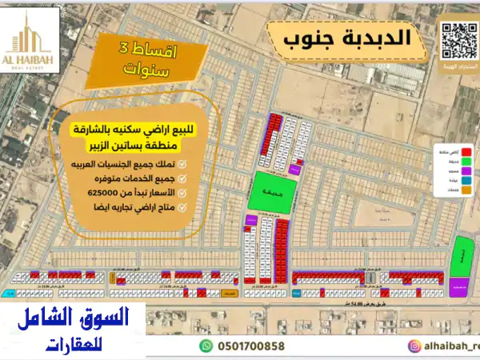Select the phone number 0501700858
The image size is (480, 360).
click(x=250, y=346)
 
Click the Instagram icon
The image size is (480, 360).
click(x=414, y=346)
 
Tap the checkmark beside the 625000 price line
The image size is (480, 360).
click(x=182, y=193)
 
